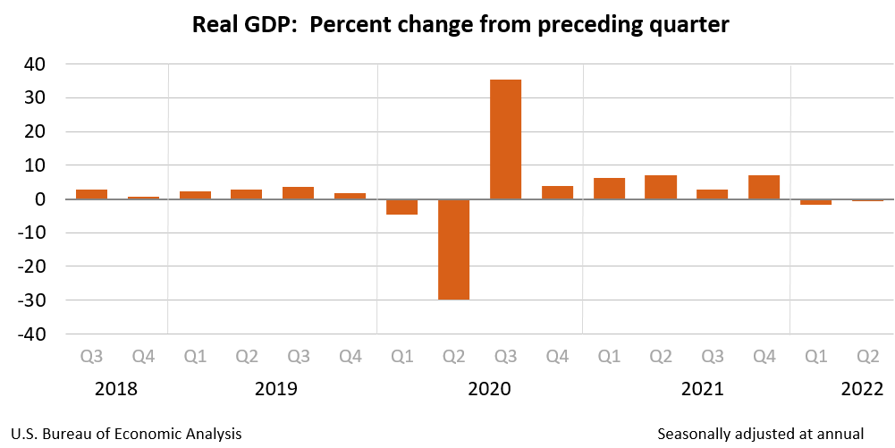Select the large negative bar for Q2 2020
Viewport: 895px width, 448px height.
pyautogui.click(x=454, y=249)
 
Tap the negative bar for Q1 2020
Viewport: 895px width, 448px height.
pyautogui.click(x=402, y=207)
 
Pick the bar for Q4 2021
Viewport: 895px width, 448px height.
pyautogui.click(x=764, y=187)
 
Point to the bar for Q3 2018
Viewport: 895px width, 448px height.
pyautogui.click(x=92, y=194)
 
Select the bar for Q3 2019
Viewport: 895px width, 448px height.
pyautogui.click(x=299, y=192)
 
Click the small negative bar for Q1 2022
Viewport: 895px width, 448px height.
pyautogui.click(x=816, y=202)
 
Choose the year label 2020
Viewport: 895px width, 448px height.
pyautogui.click(x=488, y=390)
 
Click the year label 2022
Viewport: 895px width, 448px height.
pyautogui.click(x=861, y=390)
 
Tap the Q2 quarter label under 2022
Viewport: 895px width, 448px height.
pyautogui.click(x=867, y=357)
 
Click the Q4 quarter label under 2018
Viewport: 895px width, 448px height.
pyautogui.click(x=143, y=357)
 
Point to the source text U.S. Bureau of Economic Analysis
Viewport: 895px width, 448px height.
pyautogui.click(x=127, y=434)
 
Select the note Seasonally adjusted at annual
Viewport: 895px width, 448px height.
pyautogui.click(x=760, y=434)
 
